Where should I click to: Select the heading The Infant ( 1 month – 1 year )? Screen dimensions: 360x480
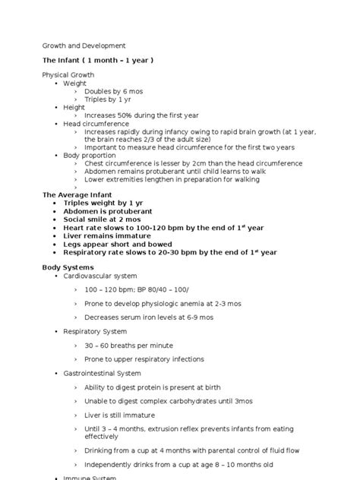coord(99,60)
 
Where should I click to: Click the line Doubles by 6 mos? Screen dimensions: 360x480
coord(113,91)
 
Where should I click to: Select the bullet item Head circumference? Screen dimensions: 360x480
coord(96,123)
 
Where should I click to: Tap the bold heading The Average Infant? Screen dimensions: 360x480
coord(77,194)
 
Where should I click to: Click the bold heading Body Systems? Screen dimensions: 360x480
coord(68,267)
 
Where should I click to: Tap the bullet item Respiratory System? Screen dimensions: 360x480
coord(95,331)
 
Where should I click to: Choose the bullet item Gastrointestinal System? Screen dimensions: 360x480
coord(103,373)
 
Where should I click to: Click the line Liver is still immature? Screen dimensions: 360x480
coord(119,415)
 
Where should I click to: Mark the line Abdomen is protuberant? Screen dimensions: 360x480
coord(108,210)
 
